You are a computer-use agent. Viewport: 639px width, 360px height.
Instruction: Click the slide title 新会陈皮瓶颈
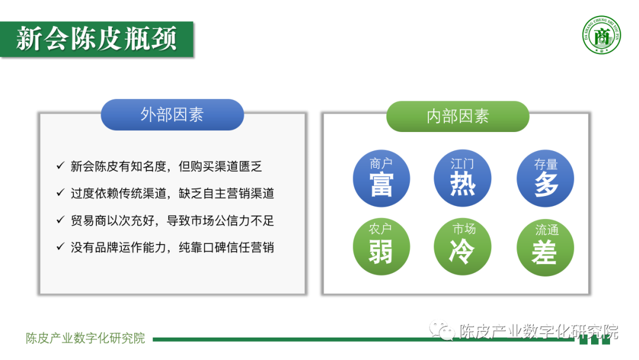pyautogui.click(x=96, y=39)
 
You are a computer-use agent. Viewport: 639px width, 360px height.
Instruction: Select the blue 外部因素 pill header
pyautogui.click(x=172, y=115)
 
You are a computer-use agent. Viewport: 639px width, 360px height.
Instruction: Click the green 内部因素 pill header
pyautogui.click(x=457, y=116)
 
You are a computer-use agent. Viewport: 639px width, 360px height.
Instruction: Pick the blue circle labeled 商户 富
pyautogui.click(x=381, y=178)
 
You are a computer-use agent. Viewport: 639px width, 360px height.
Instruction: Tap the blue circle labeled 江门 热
pyautogui.click(x=462, y=178)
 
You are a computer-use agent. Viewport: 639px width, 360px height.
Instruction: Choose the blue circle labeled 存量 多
pyautogui.click(x=545, y=178)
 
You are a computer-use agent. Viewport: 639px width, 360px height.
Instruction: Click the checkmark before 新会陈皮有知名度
pyautogui.click(x=60, y=166)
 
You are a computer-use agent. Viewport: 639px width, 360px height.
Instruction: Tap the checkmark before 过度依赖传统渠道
pyautogui.click(x=60, y=193)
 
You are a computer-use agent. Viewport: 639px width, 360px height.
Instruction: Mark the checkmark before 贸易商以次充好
pyautogui.click(x=60, y=220)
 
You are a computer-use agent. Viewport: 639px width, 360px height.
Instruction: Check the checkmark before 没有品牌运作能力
pyautogui.click(x=60, y=247)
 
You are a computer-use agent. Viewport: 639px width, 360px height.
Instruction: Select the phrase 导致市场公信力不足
pyautogui.click(x=227, y=221)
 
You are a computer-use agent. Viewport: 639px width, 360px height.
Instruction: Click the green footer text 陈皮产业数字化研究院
pyautogui.click(x=86, y=339)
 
